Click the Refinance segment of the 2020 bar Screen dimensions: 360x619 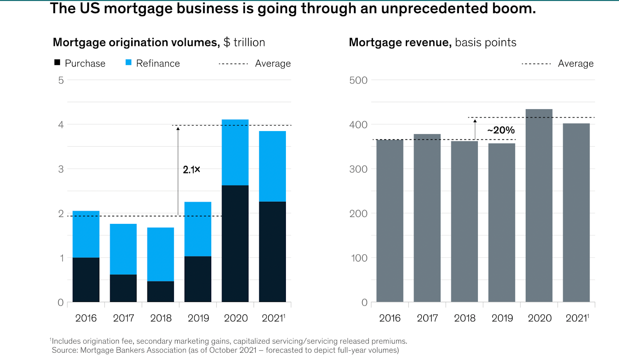point(235,152)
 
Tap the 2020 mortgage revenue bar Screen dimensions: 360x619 point(539,205)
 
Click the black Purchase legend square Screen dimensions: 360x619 point(57,63)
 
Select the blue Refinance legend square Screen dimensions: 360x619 point(128,63)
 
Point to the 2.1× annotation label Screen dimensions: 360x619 point(192,169)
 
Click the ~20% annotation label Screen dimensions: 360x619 point(501,130)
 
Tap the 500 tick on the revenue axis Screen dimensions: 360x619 point(358,80)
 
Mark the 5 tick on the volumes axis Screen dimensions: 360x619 point(61,80)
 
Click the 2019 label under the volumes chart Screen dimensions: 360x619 point(198,318)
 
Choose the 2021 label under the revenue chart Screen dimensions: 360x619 point(577,318)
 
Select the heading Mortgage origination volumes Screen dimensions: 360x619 point(136,42)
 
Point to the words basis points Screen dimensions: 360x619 point(486,42)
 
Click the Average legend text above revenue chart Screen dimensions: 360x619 point(576,63)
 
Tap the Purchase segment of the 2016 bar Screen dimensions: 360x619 point(86,279)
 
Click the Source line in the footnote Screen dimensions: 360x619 point(225,350)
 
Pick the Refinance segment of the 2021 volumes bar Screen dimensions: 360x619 point(272,166)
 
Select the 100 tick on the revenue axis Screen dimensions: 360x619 point(359,258)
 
